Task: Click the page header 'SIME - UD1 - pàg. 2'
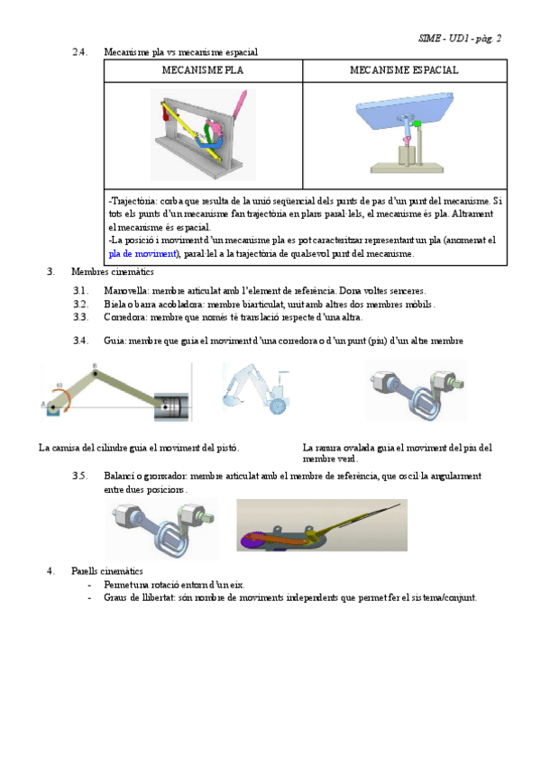tap(460, 38)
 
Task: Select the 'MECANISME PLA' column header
tap(202, 70)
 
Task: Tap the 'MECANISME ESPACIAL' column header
tap(404, 70)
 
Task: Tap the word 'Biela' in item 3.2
tap(115, 305)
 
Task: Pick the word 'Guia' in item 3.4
tap(115, 341)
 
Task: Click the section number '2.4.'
tap(79, 52)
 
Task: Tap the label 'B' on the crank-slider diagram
tap(95, 366)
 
